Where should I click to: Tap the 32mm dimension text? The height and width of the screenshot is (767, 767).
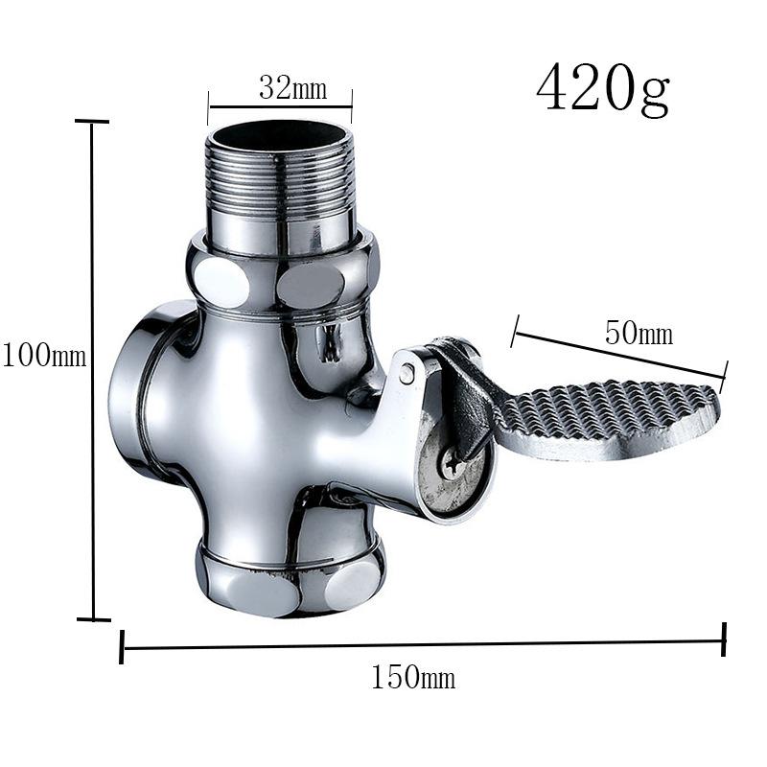point(293,88)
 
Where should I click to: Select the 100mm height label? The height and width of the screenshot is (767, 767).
point(44,355)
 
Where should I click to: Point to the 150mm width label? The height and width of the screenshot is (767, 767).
point(413,677)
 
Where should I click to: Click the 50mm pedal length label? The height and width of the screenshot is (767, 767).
point(639,333)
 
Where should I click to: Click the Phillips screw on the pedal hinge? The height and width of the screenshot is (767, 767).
point(453,463)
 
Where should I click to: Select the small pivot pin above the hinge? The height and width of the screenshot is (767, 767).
point(406,374)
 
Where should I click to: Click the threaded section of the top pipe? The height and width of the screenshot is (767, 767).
point(280,174)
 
